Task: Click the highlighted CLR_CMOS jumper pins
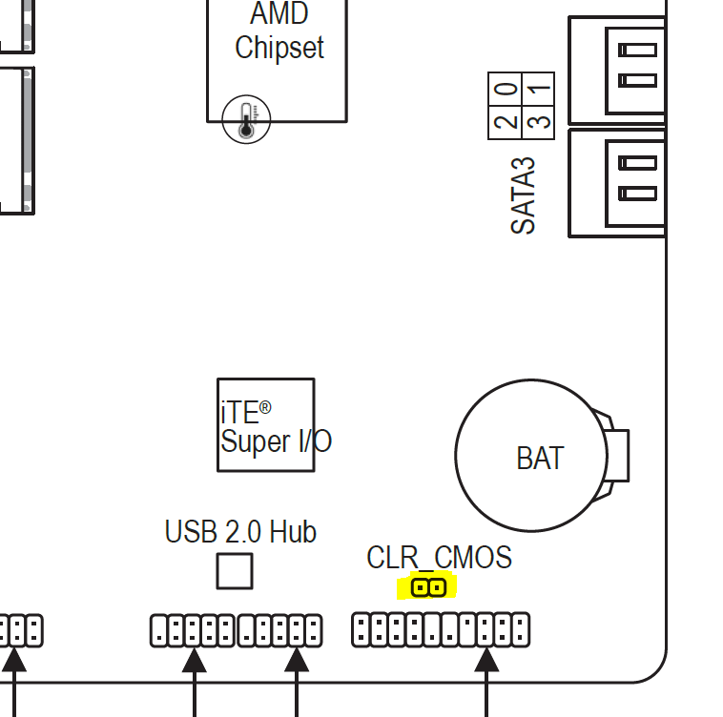428,587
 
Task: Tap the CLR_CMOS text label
439,557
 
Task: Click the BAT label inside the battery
540,458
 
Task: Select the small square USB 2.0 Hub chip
235,571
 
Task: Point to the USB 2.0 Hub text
240,531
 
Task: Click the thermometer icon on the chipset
246,119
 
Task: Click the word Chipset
279,48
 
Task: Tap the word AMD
279,13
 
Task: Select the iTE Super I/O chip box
266,425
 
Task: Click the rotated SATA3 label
523,195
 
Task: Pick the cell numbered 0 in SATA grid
505,89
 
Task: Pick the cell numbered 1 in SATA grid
538,89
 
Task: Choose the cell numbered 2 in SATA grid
505,123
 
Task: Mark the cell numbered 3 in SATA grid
538,123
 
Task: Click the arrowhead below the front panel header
486,660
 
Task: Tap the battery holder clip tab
617,455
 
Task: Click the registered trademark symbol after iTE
265,407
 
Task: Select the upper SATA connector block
617,70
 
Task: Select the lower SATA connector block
617,183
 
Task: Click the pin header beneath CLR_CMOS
441,629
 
